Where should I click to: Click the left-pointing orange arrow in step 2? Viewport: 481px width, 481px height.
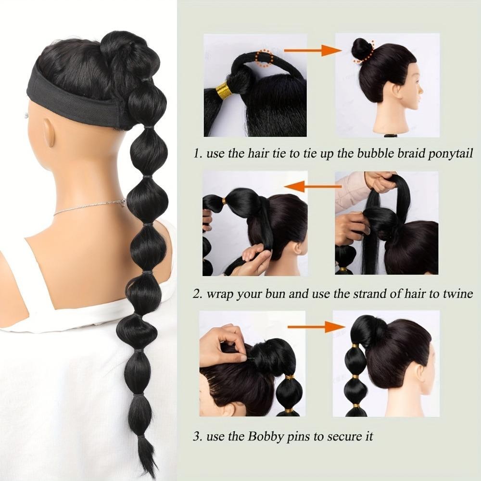pyautogui.click(x=313, y=186)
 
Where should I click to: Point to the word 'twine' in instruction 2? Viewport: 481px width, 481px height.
pyautogui.click(x=458, y=294)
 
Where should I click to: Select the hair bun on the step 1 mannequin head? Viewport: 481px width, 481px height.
pyautogui.click(x=362, y=49)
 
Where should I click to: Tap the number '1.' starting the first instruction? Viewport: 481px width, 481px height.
pyautogui.click(x=198, y=153)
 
